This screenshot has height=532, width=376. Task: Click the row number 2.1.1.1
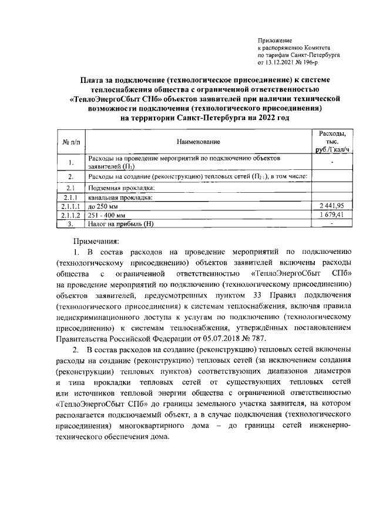pos(70,206)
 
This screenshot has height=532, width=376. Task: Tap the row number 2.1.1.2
pos(70,215)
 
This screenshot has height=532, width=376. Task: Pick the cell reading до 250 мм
pos(103,206)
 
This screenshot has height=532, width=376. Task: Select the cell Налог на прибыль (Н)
pos(120,224)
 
